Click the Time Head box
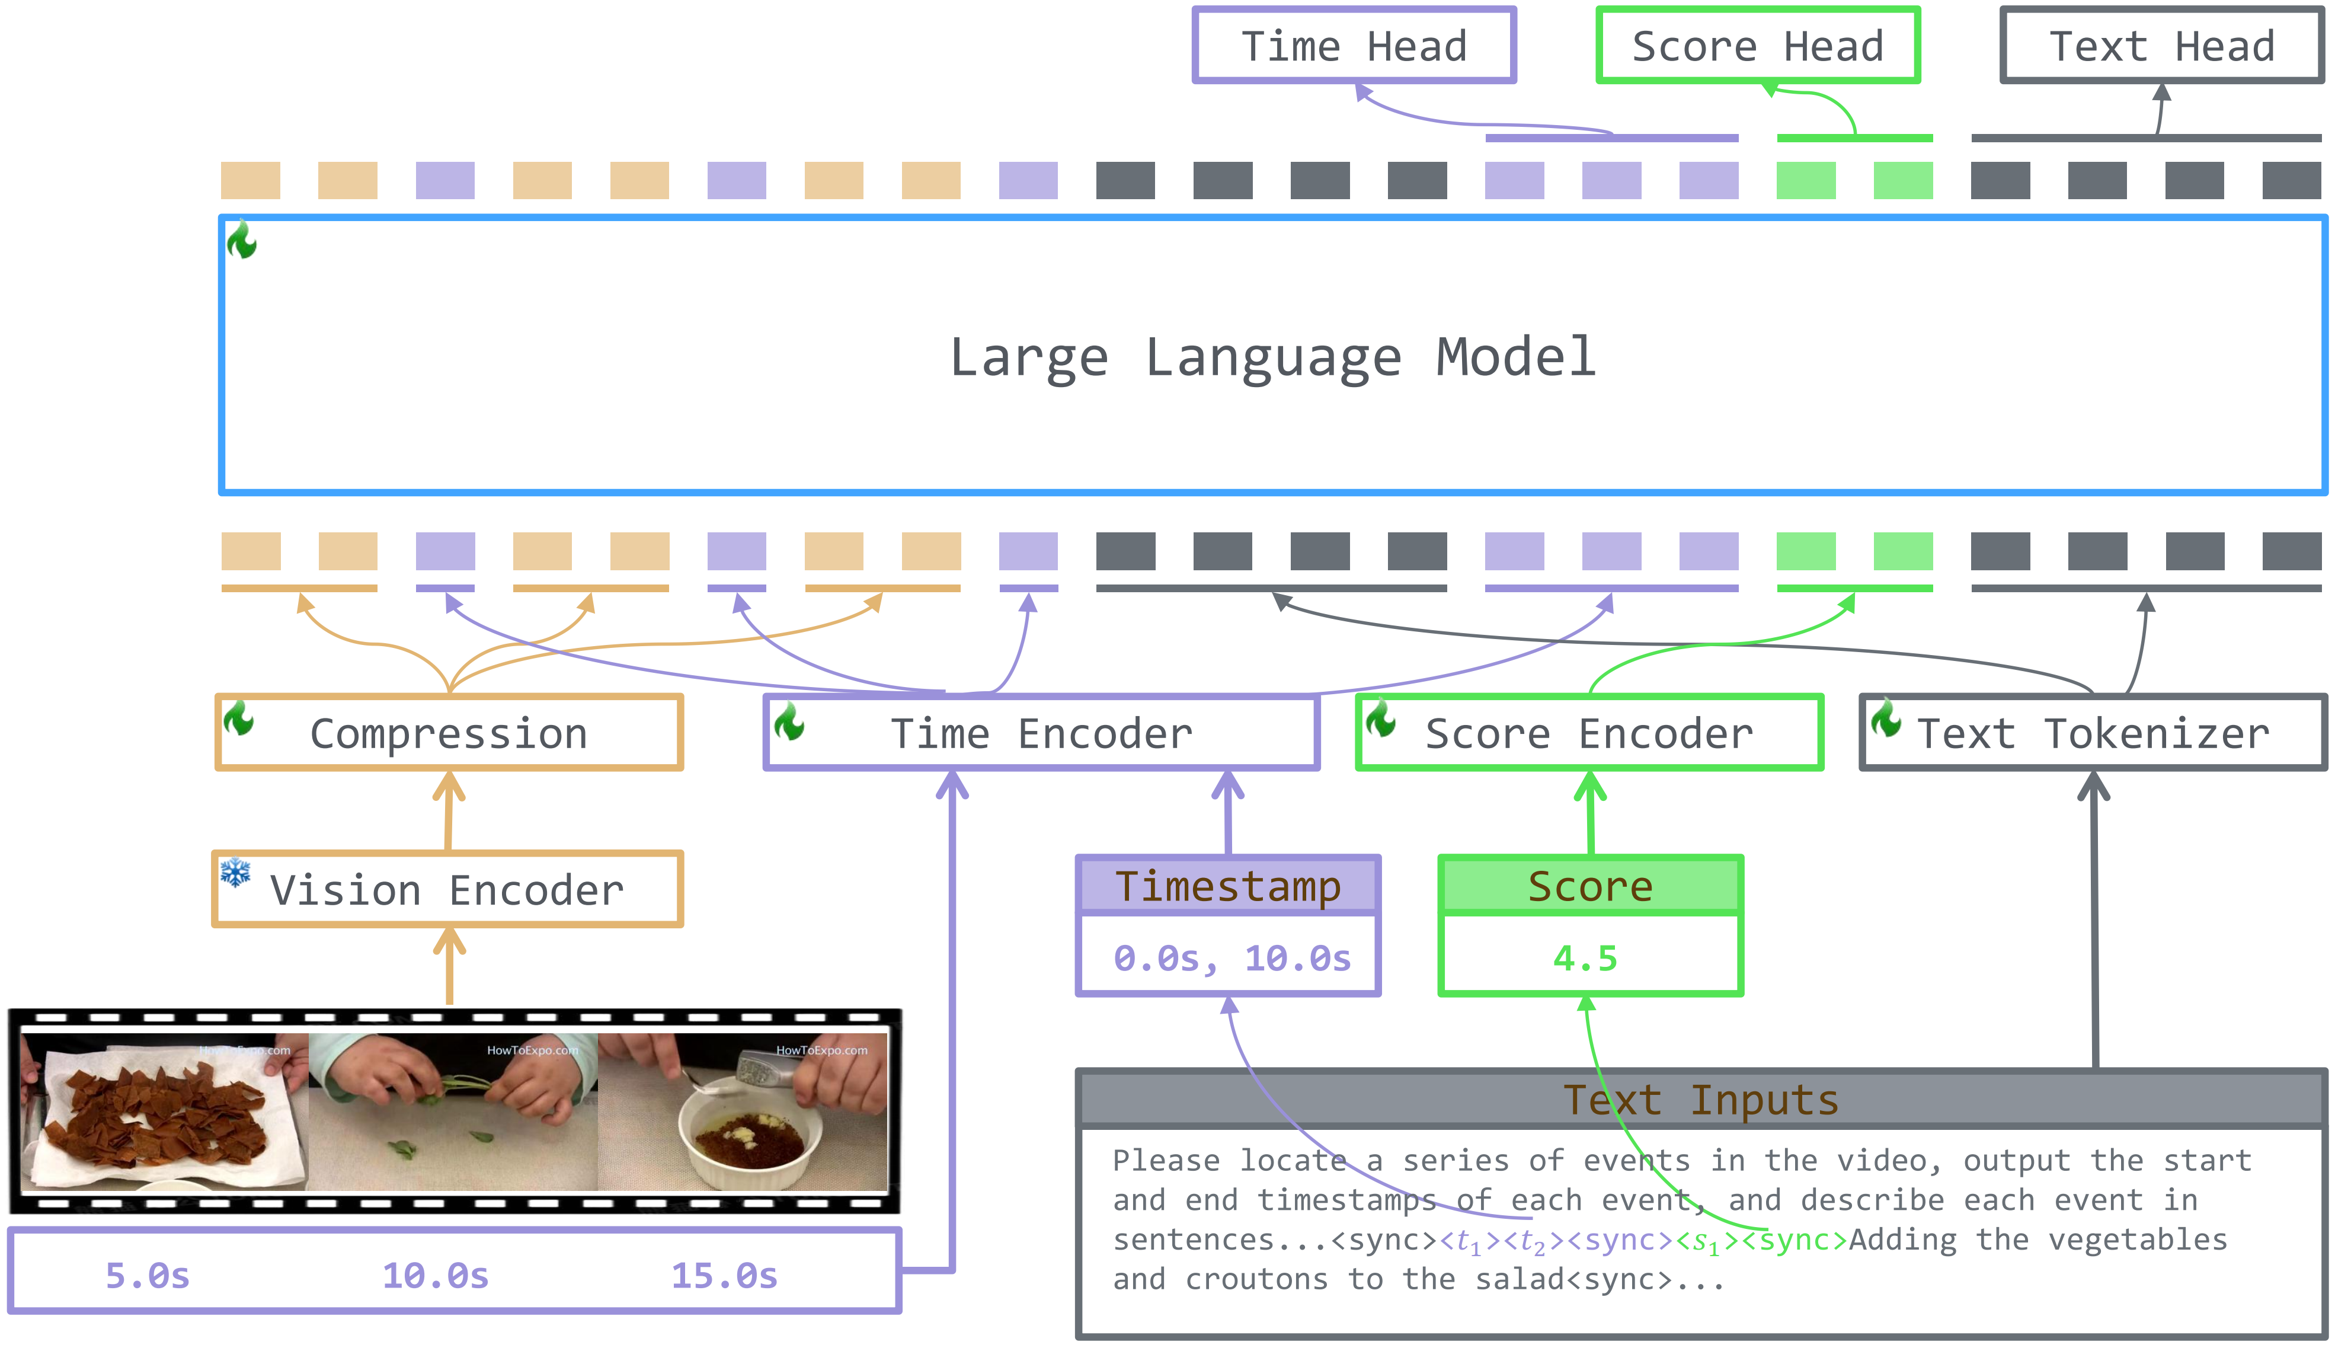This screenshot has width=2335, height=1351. click(1353, 46)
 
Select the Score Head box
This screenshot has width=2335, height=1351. click(1757, 46)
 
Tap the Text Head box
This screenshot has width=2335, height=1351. click(2161, 46)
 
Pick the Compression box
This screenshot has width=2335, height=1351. click(449, 733)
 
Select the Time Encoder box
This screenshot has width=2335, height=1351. click(1041, 733)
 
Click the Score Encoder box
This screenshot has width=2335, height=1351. click(1588, 733)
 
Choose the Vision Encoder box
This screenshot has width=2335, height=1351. click(447, 890)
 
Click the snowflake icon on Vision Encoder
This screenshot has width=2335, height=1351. click(235, 872)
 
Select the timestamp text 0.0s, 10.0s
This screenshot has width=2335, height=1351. click(1232, 958)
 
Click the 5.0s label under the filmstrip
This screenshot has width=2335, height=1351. click(148, 1276)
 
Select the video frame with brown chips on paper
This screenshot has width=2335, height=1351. click(164, 1112)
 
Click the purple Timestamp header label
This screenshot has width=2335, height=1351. click(1228, 886)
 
